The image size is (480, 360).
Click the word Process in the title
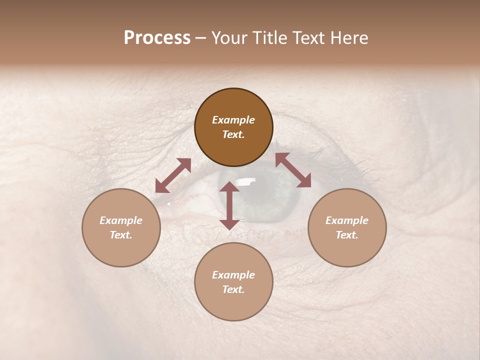(157, 38)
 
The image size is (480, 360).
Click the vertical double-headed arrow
(229, 205)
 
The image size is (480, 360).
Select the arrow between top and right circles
(293, 170)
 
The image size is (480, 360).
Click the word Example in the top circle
(233, 120)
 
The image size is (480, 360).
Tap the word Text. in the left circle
(121, 235)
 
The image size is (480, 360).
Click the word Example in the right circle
(347, 220)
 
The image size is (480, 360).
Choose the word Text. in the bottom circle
(233, 289)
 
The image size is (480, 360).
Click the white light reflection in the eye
(245, 181)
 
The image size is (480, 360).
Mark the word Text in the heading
(310, 38)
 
